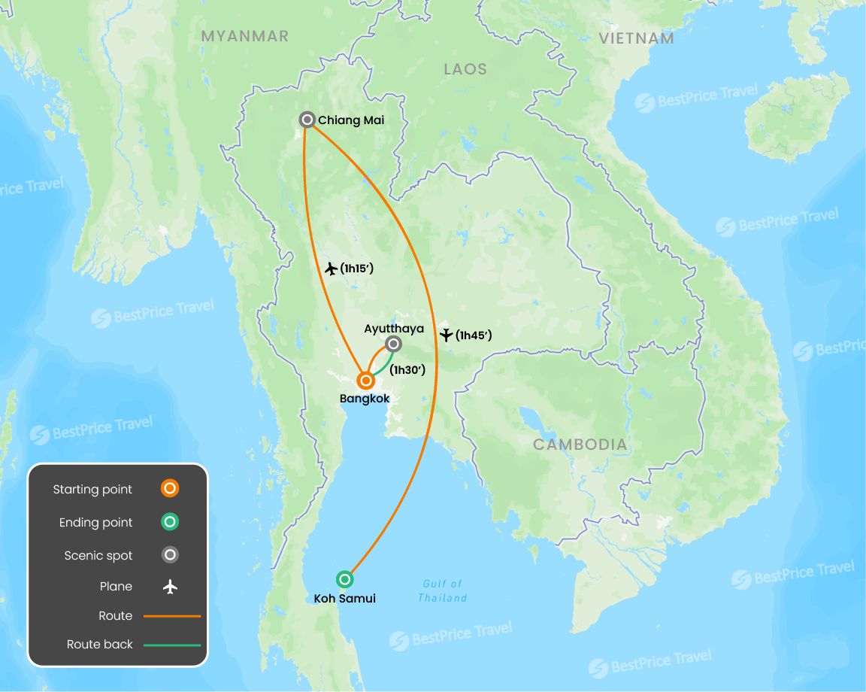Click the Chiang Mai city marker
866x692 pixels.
pos(307,120)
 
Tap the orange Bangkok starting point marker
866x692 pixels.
pos(366,381)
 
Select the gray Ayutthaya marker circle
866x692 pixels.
pos(393,344)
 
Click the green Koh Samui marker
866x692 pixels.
pos(344,579)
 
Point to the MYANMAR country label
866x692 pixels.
pos(245,36)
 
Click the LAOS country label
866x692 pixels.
pos(465,69)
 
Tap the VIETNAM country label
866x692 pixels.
pos(636,38)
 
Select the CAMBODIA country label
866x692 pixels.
pos(580,445)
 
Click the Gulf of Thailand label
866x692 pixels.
pos(443,590)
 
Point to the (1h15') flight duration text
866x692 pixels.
pos(356,268)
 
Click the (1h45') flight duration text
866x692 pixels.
pos(474,335)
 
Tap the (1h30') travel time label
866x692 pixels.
pos(408,369)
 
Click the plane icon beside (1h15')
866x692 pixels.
pos(330,269)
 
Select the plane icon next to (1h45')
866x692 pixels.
pos(447,335)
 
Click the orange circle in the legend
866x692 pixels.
pos(171,489)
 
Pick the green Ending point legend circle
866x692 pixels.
pos(171,522)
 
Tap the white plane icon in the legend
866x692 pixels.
pos(171,587)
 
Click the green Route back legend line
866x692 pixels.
pos(172,645)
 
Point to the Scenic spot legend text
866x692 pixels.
pos(98,556)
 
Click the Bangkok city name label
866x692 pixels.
pos(365,399)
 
